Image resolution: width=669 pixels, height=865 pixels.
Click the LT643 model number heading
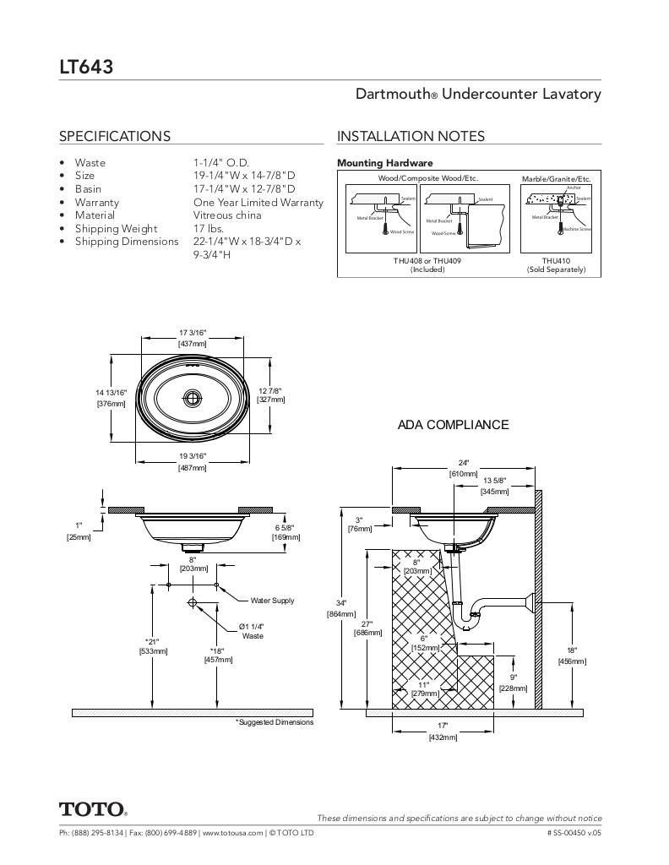86,66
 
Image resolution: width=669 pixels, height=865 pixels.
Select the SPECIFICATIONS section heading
114,136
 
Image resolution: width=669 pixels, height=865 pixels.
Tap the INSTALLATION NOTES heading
411,136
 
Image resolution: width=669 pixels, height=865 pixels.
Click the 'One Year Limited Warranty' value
258,203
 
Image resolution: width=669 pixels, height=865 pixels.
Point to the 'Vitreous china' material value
227,215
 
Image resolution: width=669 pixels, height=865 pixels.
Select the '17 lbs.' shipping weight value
209,229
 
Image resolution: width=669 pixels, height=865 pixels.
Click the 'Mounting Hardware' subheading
384,163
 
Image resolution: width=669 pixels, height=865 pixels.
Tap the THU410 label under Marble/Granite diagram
556,261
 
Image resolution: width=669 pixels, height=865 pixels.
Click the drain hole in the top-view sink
193,396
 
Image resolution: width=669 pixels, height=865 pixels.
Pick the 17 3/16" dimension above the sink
192,333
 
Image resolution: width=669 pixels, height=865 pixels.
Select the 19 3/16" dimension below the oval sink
192,456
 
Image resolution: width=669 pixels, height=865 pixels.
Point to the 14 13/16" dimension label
111,392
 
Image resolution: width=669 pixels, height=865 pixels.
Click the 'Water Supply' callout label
272,601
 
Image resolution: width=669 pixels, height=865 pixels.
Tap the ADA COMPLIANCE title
453,425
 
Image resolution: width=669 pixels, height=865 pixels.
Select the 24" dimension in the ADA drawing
463,463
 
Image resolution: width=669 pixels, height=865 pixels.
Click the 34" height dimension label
341,603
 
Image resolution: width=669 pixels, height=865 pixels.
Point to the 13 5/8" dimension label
494,480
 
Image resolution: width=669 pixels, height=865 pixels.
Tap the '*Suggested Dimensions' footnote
274,722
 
